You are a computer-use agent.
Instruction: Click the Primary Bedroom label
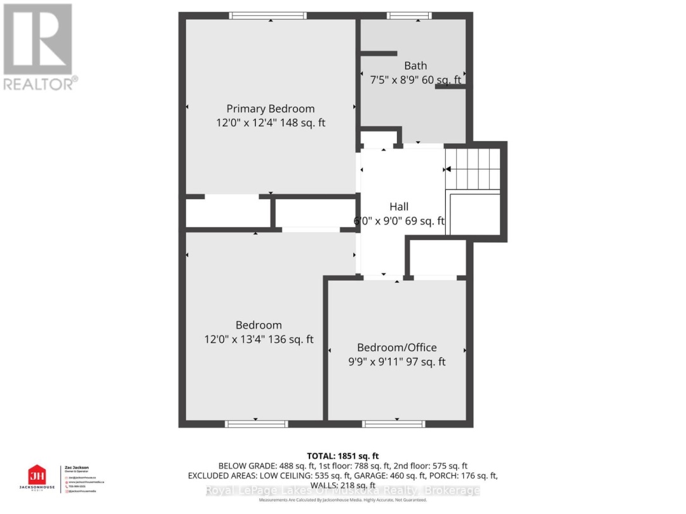coord(270,109)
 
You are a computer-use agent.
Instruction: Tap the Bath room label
coord(415,65)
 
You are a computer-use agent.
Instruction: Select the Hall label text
coord(399,206)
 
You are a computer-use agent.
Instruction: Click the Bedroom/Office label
coord(396,347)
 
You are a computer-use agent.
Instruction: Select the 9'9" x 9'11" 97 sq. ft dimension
coord(396,362)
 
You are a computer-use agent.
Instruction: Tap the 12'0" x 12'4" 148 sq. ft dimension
coord(270,122)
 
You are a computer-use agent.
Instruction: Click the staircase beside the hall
coord(474,168)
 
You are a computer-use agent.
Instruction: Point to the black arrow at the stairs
coord(448,169)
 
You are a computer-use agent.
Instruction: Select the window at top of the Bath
coord(409,16)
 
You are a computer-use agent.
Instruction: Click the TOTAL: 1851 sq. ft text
coord(342,455)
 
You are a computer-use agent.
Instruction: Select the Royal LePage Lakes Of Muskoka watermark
coord(342,491)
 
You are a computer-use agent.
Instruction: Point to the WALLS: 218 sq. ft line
coord(342,484)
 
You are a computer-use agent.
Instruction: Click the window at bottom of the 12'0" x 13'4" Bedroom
coord(256,423)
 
